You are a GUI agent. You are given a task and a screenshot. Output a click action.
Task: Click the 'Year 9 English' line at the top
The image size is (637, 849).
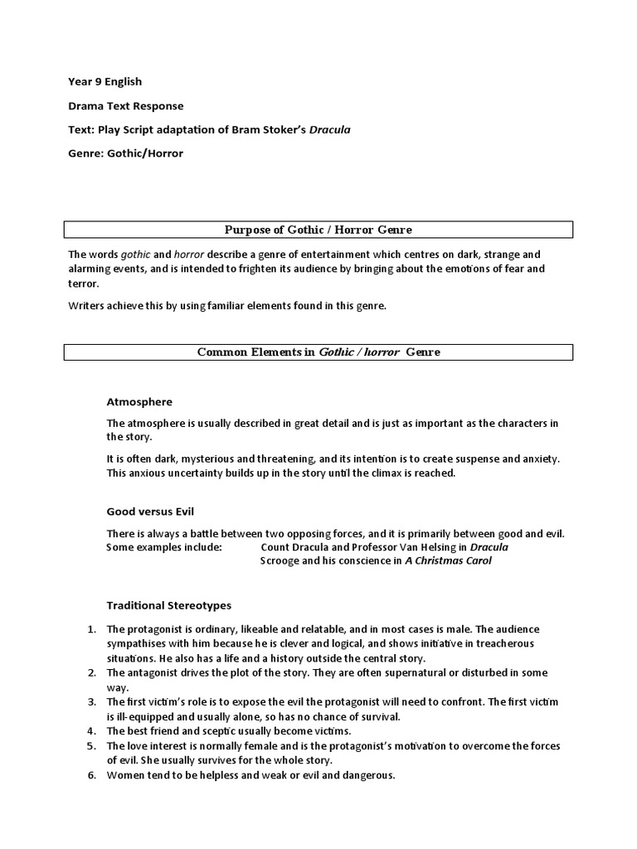105,81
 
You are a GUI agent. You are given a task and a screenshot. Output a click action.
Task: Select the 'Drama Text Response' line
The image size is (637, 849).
125,105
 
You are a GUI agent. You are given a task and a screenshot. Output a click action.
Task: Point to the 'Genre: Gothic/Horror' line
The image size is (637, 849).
125,153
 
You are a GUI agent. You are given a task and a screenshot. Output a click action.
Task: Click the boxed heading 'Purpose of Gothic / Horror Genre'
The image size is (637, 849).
318,229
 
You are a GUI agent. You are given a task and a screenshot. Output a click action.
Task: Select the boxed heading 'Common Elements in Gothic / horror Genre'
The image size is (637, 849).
318,352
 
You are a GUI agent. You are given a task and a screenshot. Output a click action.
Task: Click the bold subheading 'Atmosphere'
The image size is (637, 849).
139,401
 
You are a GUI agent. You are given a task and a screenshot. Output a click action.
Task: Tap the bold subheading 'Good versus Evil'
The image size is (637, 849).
150,512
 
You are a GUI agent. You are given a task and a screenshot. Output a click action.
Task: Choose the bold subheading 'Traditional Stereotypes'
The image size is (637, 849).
169,605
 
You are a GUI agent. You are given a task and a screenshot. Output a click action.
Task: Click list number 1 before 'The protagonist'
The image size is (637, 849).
92,628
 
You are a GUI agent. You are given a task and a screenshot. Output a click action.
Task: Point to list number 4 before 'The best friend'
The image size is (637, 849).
92,730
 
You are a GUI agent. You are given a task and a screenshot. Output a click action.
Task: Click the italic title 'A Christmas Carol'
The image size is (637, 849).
448,560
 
